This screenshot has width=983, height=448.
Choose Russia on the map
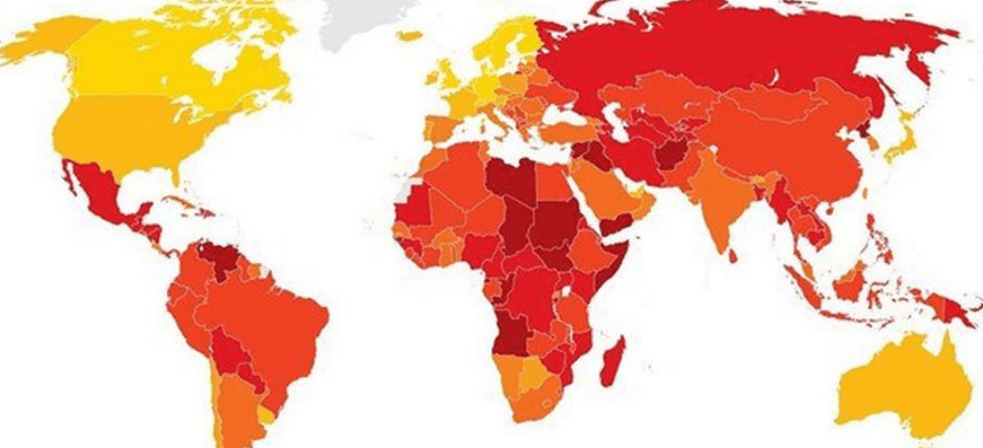(730, 58)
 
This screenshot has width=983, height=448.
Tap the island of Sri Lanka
(732, 255)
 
